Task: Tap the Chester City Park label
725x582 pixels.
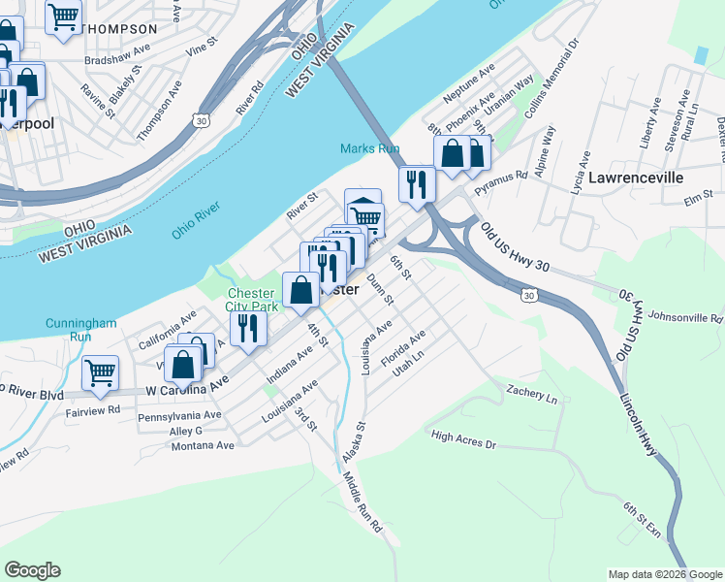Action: (x=252, y=300)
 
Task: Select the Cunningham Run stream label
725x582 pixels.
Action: (x=80, y=330)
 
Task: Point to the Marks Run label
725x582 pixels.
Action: (x=369, y=148)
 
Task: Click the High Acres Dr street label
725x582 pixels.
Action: (x=463, y=440)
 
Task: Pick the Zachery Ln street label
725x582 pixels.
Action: (x=532, y=394)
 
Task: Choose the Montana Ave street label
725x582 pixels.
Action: (x=203, y=445)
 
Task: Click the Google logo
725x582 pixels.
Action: (x=32, y=570)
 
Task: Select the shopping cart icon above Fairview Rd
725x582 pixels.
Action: (x=100, y=372)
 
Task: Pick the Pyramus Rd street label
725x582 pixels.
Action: (x=507, y=177)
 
